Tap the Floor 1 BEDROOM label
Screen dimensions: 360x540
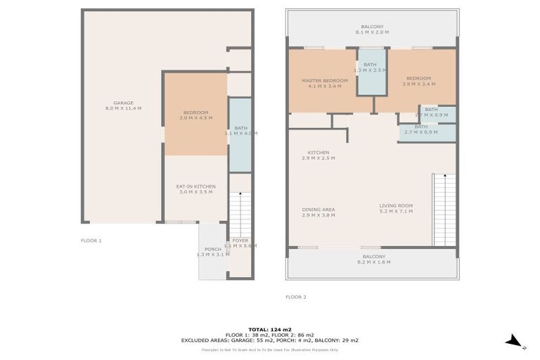[x=195, y=115]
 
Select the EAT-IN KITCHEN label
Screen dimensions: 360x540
[x=195, y=189]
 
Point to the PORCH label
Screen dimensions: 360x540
[x=212, y=251]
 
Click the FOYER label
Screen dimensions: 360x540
[x=240, y=243]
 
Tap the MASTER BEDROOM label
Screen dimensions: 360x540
[x=325, y=83]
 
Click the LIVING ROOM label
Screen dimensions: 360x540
[x=396, y=208]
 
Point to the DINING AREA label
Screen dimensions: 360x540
[x=319, y=212]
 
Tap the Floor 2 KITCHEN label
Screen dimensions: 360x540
[x=319, y=155]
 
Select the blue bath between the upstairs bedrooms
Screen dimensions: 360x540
[x=373, y=72]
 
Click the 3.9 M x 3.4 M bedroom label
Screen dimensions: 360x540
[x=418, y=81]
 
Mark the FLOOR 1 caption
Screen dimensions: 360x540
[x=91, y=240]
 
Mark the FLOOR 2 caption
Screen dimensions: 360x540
[x=296, y=297]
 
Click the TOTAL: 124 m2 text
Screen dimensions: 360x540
[x=270, y=329]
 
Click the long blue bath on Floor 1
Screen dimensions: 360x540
[x=240, y=134]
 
